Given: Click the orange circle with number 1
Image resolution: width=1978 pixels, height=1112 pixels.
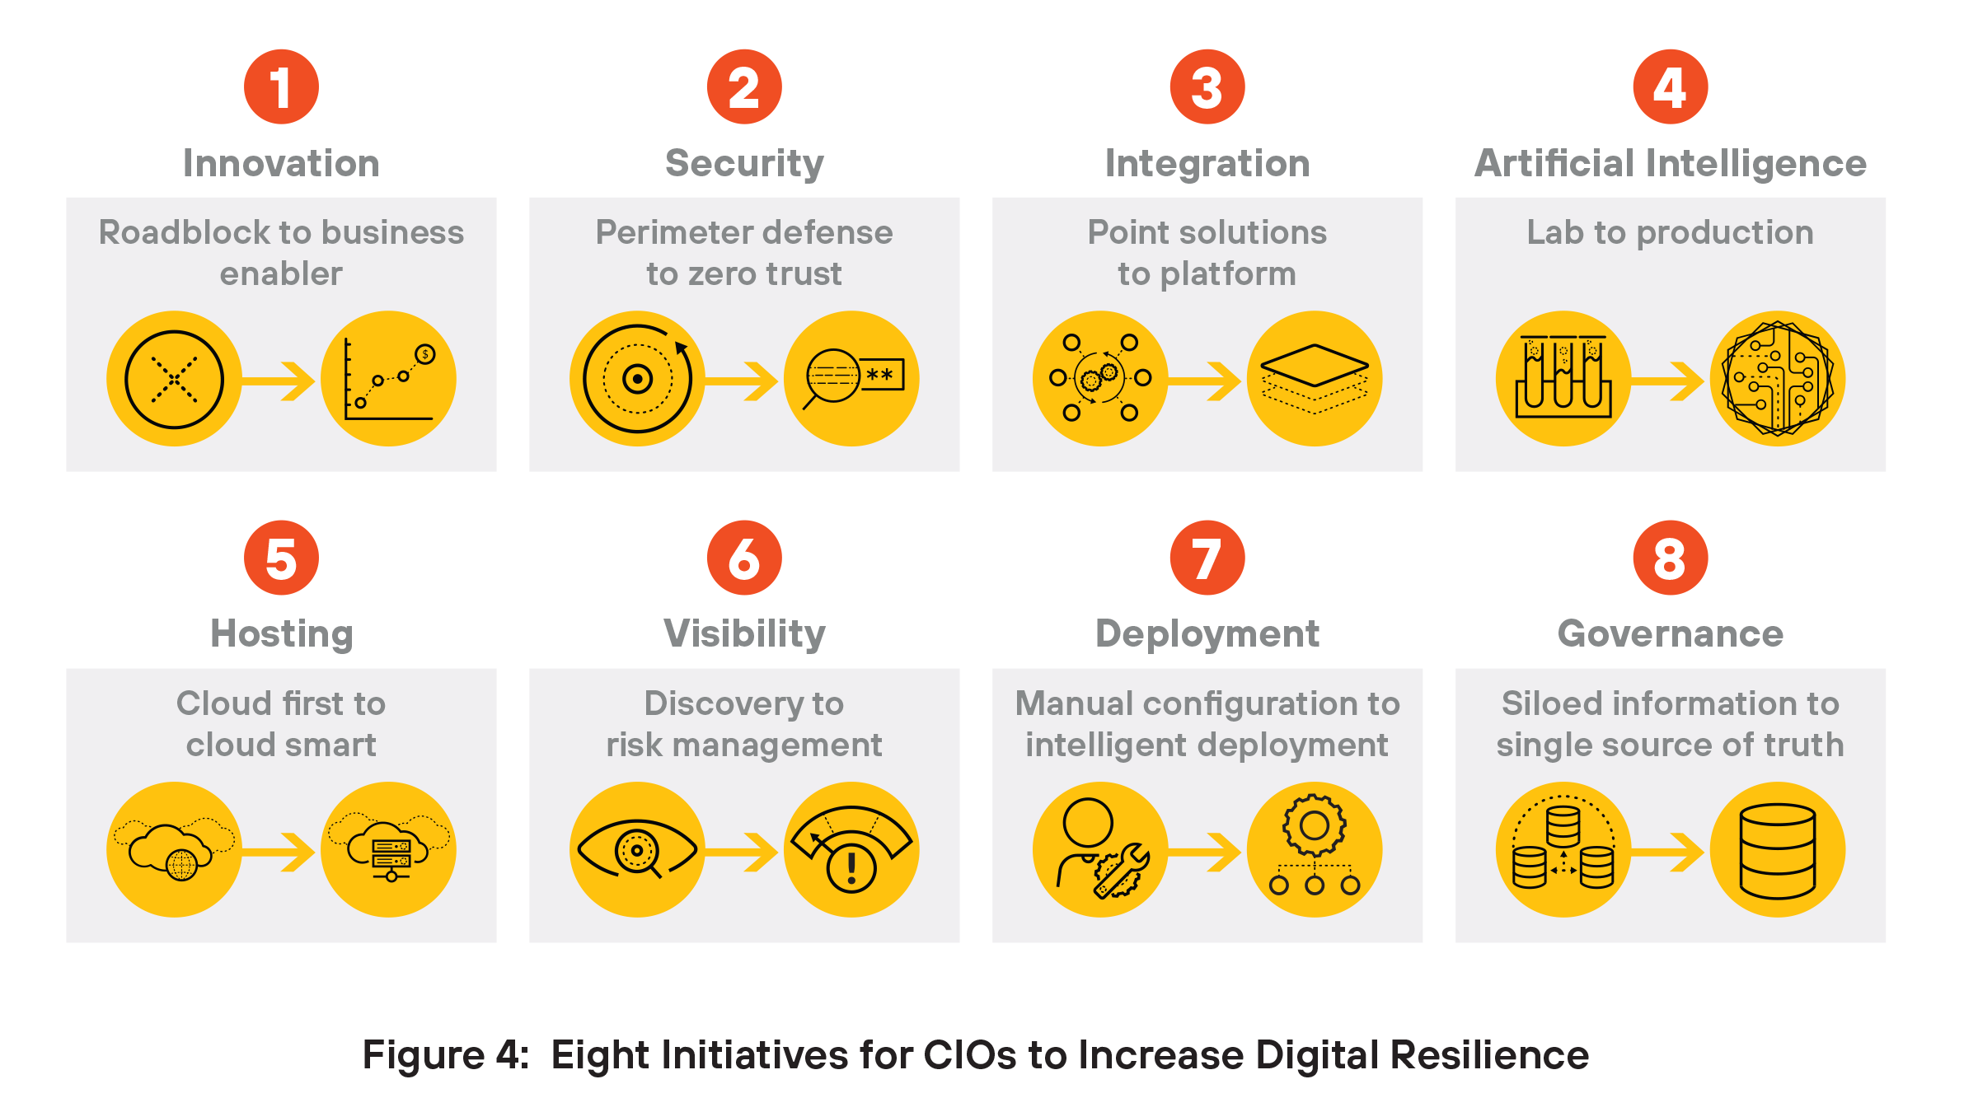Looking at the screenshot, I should tap(281, 86).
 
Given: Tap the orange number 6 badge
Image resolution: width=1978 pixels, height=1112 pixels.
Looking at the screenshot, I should tap(744, 558).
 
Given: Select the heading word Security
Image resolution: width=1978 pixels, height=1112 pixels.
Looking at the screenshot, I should tap(744, 163).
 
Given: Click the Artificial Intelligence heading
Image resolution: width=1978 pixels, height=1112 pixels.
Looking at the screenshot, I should tap(1670, 163).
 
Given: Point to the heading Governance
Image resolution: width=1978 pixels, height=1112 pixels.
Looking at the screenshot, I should tap(1670, 633).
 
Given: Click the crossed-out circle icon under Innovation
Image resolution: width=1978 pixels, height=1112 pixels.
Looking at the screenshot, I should tap(174, 379).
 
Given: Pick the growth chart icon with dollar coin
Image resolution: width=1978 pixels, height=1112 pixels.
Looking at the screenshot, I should tap(388, 379).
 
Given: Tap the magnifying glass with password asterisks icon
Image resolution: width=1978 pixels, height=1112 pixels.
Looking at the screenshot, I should tap(851, 379).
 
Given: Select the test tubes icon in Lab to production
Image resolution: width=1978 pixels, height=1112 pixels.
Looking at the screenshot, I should tap(1563, 379).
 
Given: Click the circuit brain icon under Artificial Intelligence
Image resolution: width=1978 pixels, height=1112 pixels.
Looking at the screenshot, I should tap(1778, 379).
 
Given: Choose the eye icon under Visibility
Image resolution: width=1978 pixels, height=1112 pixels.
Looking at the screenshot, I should tap(637, 849).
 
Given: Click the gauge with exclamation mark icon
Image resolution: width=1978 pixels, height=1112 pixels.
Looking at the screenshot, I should tap(851, 849).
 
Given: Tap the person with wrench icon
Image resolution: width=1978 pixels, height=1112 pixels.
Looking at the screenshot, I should tap(1100, 849).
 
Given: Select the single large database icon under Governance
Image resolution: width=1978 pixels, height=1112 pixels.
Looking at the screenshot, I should tap(1778, 849).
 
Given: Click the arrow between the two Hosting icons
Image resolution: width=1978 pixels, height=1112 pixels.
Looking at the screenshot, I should tap(281, 851).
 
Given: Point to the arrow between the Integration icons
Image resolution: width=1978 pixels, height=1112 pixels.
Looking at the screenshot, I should tap(1207, 381).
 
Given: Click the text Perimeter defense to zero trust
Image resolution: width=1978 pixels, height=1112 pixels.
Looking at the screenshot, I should tap(744, 252).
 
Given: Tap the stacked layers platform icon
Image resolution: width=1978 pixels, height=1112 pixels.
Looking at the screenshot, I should tap(1315, 379).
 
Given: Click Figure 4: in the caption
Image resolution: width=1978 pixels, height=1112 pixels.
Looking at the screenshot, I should tap(445, 1055).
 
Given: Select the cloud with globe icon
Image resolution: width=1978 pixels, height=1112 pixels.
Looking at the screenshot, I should tap(174, 849).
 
